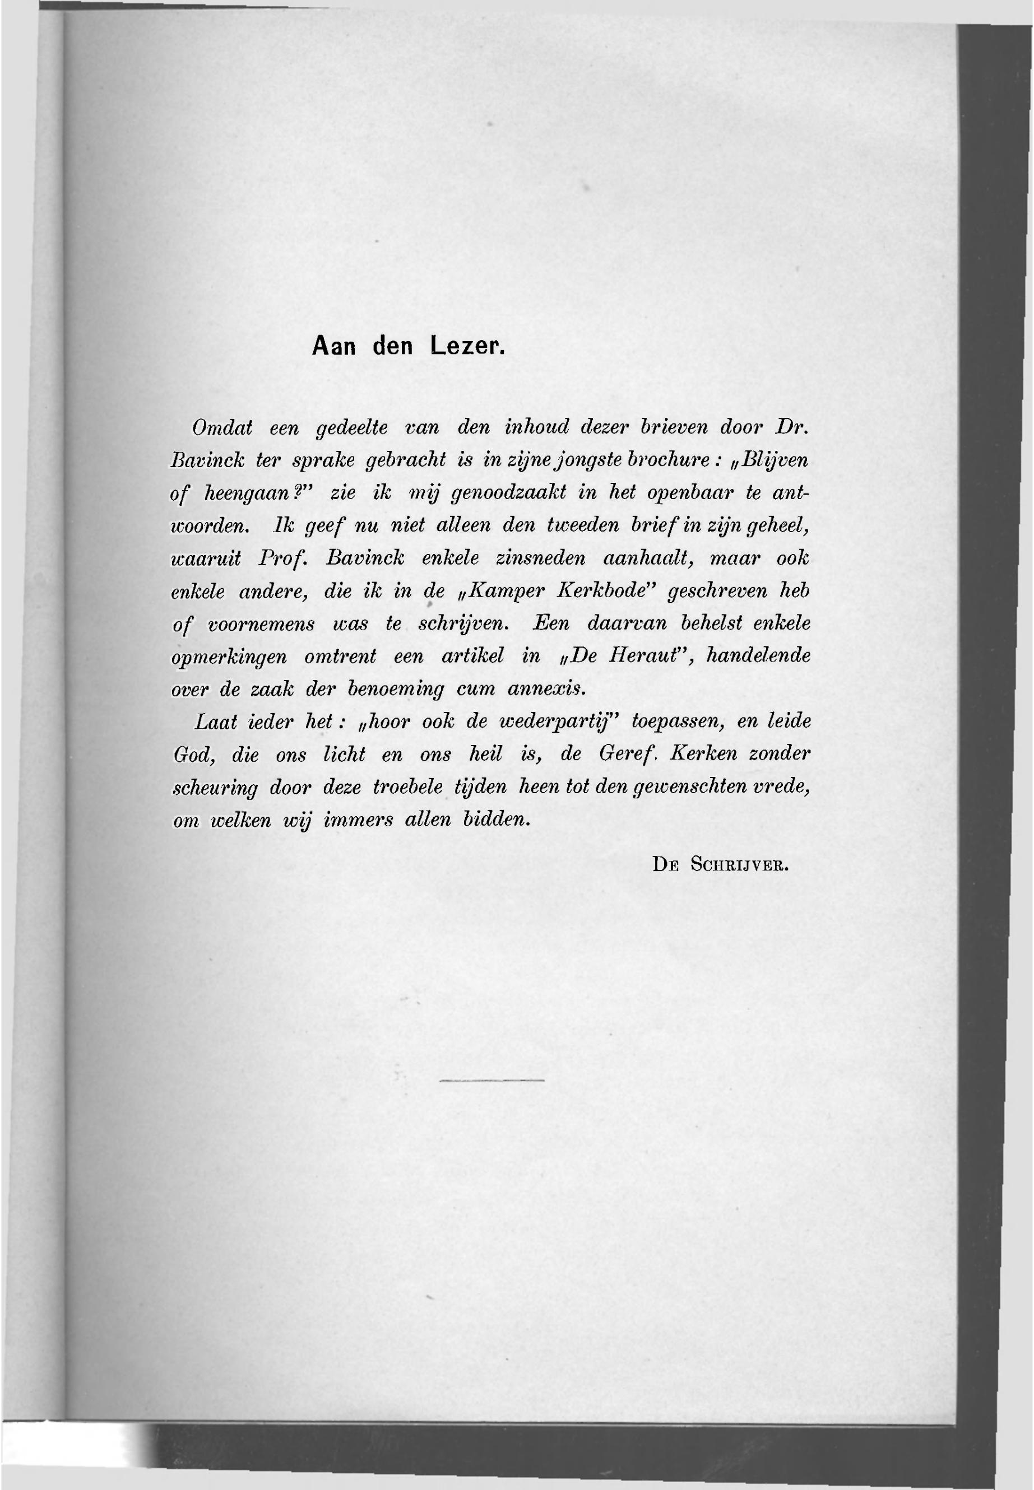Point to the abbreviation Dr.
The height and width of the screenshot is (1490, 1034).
pyautogui.click(x=792, y=427)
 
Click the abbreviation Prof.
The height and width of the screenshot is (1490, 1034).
pyautogui.click(x=282, y=558)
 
